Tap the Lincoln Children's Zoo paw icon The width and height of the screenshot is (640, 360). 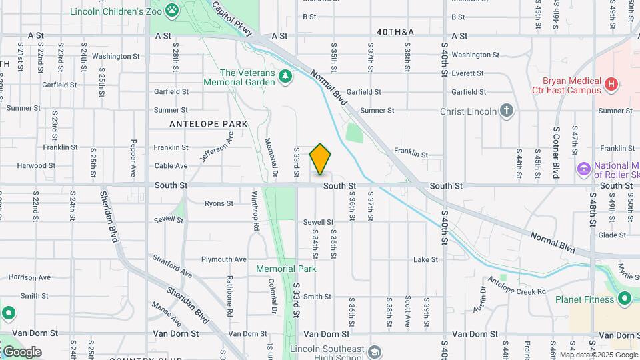[173, 10]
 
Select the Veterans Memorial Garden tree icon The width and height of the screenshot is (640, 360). [285, 77]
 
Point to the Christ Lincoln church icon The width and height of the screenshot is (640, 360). [507, 111]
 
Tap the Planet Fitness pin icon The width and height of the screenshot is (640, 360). [625, 299]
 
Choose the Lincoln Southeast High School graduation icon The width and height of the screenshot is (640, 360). [375, 351]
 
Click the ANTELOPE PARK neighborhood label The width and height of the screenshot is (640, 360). [209, 124]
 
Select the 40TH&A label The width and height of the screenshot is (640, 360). [395, 32]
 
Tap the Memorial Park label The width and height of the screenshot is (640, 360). [287, 269]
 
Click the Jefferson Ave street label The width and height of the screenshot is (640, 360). [217, 147]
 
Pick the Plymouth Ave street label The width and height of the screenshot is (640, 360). [224, 259]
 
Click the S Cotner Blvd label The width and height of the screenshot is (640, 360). [555, 152]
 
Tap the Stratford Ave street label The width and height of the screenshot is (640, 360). [171, 264]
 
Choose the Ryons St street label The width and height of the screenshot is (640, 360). [219, 203]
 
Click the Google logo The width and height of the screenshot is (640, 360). [22, 352]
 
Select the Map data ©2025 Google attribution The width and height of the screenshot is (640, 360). [598, 355]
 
